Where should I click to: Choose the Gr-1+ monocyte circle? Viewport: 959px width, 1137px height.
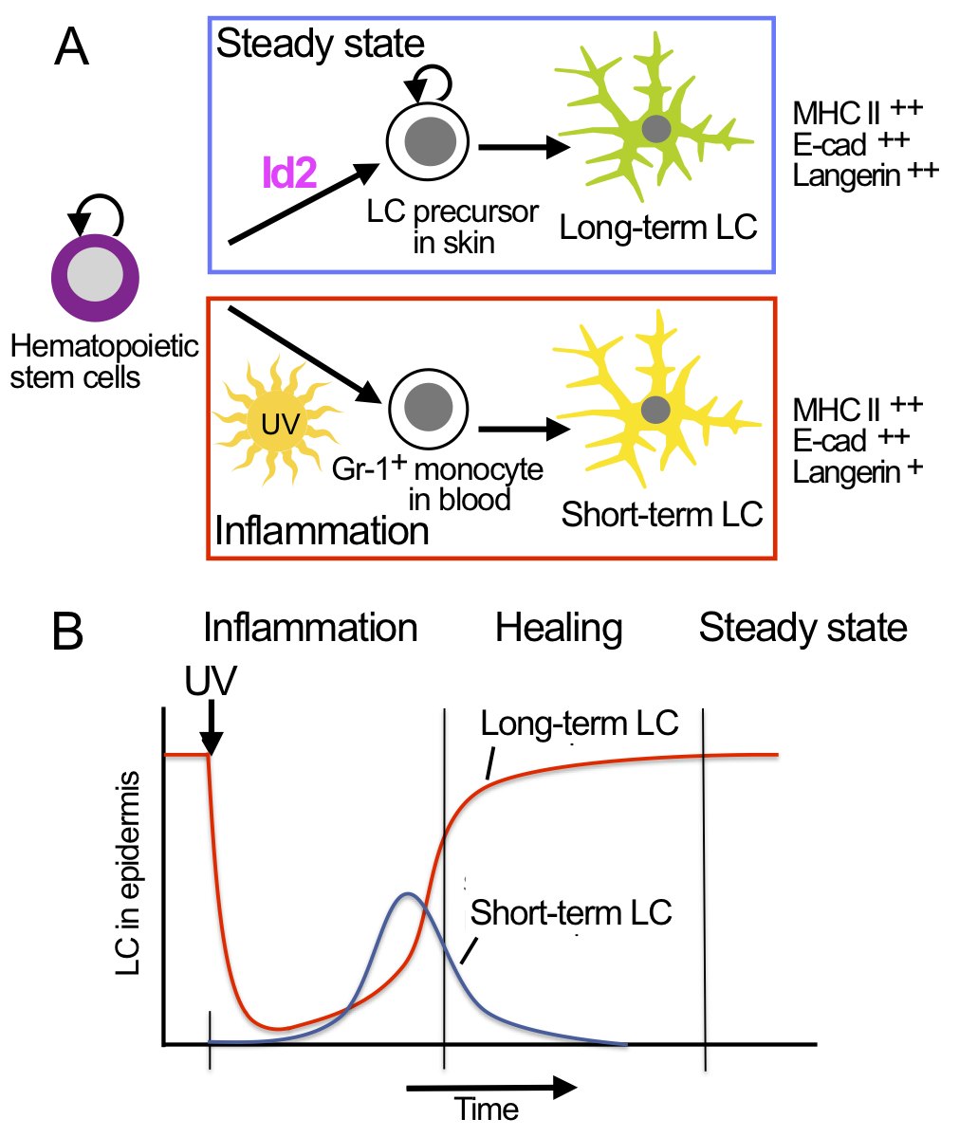pos(429,409)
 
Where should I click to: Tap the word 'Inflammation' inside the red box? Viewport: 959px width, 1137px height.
pos(323,530)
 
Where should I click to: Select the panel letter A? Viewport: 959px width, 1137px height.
pos(73,47)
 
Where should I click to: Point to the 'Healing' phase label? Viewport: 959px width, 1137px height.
pos(559,628)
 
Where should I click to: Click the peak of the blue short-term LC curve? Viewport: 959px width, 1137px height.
pos(408,894)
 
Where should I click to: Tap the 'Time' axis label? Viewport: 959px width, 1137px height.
pos(487,1109)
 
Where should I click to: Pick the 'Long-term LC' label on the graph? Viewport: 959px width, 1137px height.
pos(580,724)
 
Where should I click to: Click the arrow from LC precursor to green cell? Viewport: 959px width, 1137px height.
pos(524,148)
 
